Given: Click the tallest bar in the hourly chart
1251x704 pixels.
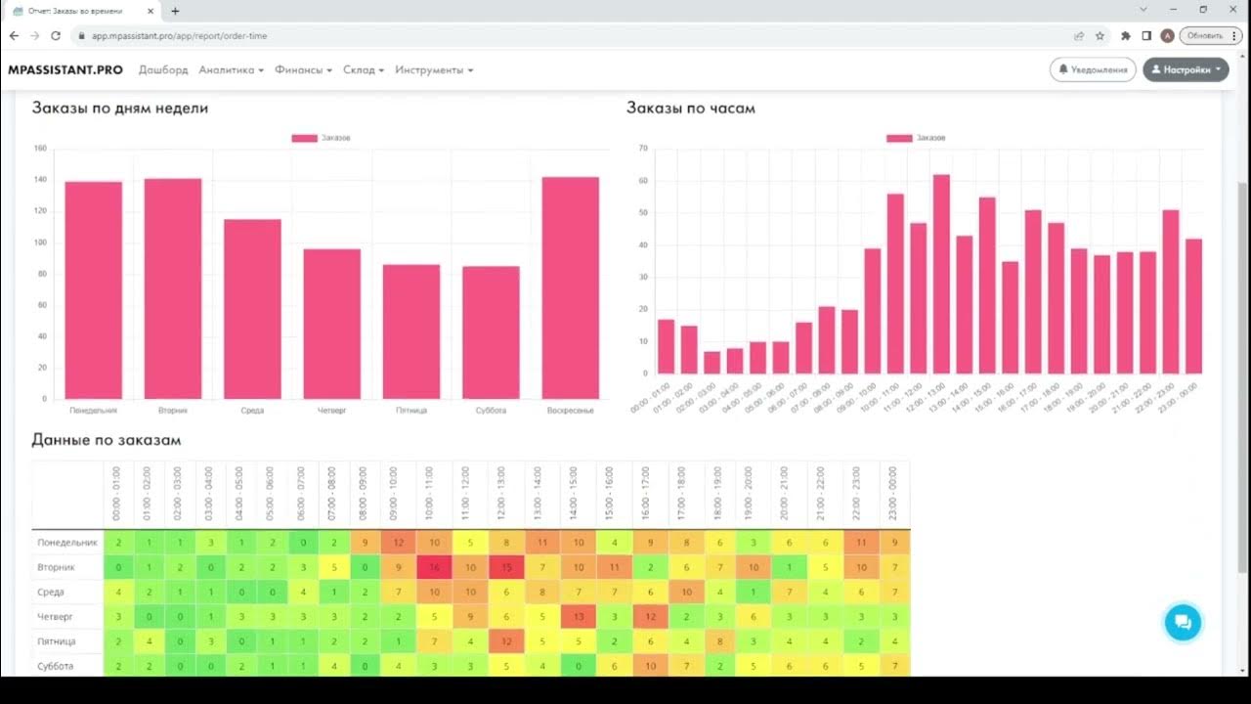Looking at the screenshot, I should pyautogui.click(x=941, y=274).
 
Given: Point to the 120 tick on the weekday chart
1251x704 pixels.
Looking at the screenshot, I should pyautogui.click(x=40, y=211).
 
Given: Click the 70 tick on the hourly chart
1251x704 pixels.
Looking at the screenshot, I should pyautogui.click(x=642, y=149).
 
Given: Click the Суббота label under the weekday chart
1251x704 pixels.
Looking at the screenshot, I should pyautogui.click(x=491, y=411).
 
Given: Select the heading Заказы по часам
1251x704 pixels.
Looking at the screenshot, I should pyautogui.click(x=690, y=108).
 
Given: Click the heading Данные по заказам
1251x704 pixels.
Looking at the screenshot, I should pyautogui.click(x=106, y=440).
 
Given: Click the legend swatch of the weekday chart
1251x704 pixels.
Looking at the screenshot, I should pyautogui.click(x=304, y=138).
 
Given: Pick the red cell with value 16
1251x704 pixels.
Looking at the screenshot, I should pyautogui.click(x=434, y=567).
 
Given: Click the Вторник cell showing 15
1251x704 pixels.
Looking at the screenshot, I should pyautogui.click(x=506, y=567).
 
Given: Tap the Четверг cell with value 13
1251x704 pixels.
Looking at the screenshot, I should pyautogui.click(x=579, y=617).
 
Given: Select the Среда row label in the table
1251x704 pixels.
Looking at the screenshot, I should pyautogui.click(x=51, y=593).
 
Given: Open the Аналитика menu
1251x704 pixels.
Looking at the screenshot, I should pyautogui.click(x=231, y=70).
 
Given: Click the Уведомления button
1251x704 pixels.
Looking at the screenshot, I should pyautogui.click(x=1094, y=69).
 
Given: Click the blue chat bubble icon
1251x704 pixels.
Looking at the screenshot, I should pyautogui.click(x=1183, y=622).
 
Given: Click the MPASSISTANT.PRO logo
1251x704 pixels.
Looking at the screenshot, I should pyautogui.click(x=65, y=70).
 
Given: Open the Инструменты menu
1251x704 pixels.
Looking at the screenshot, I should pyautogui.click(x=434, y=70).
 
